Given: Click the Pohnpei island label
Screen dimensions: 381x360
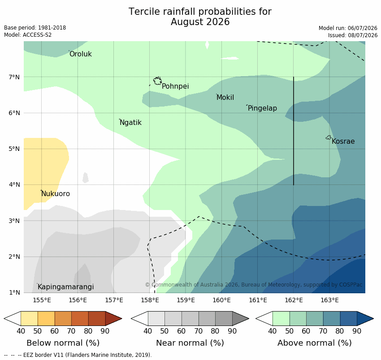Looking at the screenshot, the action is (x=175, y=86).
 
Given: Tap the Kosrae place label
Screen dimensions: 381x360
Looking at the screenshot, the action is (x=343, y=141).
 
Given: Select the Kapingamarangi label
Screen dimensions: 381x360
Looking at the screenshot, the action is (x=66, y=287).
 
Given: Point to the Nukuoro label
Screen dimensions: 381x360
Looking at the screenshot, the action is (x=56, y=194).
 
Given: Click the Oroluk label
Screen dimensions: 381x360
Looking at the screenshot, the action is (x=81, y=54).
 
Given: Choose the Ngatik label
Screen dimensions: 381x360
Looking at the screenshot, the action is (x=131, y=123).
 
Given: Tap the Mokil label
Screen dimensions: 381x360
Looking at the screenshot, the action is (x=225, y=97).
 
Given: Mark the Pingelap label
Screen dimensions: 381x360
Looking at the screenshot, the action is (x=262, y=108).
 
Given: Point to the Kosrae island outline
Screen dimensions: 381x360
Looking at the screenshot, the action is (x=329, y=137).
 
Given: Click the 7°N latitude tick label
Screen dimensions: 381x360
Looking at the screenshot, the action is (x=14, y=77).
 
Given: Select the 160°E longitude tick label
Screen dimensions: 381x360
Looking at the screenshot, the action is (x=221, y=300).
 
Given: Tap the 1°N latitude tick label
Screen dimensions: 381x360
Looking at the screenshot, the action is (x=14, y=292).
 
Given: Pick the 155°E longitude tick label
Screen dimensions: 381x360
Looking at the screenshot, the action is (x=42, y=300).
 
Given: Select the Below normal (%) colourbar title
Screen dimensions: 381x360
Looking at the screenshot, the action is (x=63, y=343).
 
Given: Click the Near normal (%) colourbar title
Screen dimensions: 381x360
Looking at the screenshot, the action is (x=190, y=343).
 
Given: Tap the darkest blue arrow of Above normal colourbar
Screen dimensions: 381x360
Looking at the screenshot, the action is (x=365, y=318).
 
